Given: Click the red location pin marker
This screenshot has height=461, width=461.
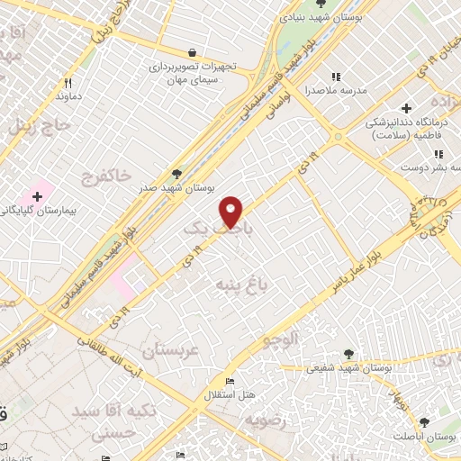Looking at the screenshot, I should [x=231, y=210].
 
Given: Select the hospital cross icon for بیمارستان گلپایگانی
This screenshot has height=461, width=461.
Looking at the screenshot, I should [x=37, y=195].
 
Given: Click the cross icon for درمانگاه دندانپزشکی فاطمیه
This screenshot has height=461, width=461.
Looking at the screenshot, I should [x=408, y=108].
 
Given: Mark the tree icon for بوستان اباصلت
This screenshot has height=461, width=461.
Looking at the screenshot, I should [x=425, y=421].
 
